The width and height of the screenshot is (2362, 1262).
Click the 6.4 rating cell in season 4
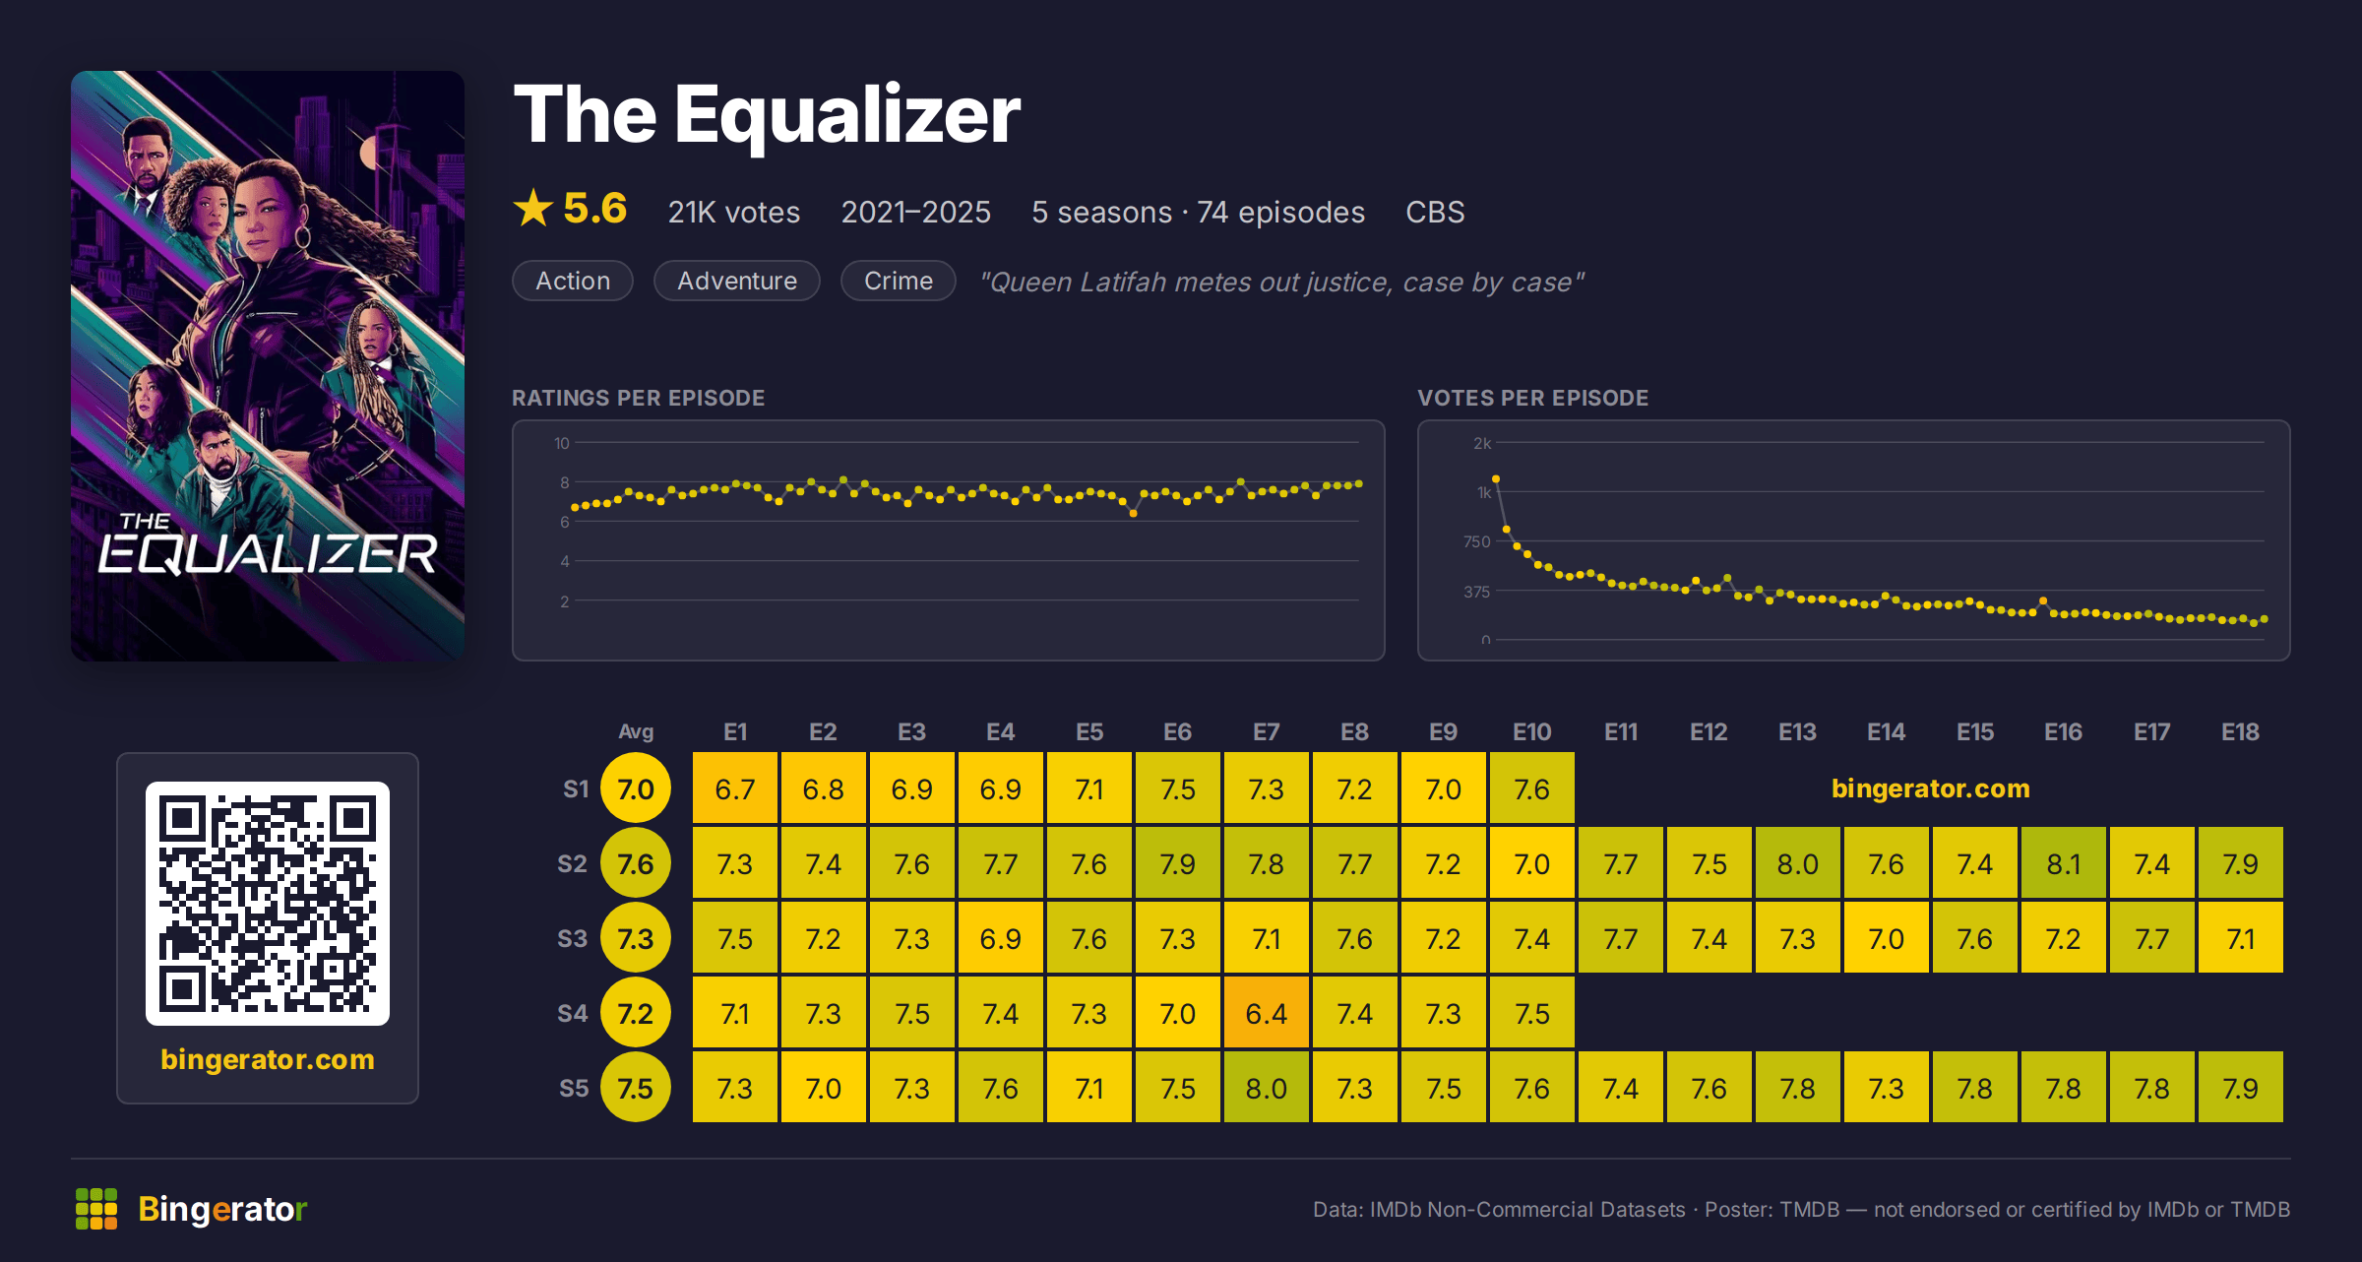(1266, 1013)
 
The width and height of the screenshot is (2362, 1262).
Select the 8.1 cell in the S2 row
(2063, 863)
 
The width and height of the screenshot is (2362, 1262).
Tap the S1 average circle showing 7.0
(636, 789)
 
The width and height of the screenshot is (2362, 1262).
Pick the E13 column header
(1797, 732)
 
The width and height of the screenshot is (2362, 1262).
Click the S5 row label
(574, 1088)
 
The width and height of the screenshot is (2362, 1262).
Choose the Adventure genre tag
(737, 281)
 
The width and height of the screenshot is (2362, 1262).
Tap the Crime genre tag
(899, 281)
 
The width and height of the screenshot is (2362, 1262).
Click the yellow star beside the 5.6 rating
(533, 208)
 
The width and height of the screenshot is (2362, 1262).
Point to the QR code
(268, 904)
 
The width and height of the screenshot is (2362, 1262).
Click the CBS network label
(1435, 212)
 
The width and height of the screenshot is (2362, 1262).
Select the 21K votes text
(734, 212)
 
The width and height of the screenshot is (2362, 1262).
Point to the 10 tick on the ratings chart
(562, 443)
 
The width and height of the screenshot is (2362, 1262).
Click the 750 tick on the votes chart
(1477, 541)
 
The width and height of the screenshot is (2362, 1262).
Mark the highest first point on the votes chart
(1496, 479)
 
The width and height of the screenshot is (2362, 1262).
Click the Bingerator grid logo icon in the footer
(96, 1209)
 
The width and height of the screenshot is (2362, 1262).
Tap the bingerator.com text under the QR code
(268, 1059)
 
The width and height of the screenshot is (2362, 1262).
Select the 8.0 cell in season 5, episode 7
(1266, 1088)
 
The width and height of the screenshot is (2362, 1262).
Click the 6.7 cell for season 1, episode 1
(735, 789)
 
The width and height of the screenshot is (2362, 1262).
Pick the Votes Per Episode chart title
(1532, 398)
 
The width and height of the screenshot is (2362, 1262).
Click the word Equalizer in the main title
(847, 116)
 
